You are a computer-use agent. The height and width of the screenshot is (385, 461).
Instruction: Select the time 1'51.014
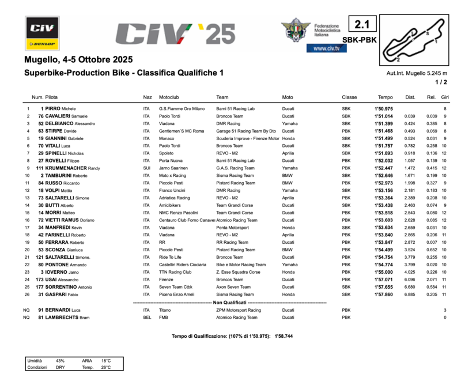[x=383, y=116]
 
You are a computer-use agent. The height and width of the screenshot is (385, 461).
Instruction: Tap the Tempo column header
[x=385, y=97]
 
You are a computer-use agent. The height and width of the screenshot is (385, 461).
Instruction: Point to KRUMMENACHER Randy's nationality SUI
[x=147, y=168]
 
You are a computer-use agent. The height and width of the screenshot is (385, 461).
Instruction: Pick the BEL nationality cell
[x=147, y=317]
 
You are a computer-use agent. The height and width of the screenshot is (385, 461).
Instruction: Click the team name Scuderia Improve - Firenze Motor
[x=248, y=138]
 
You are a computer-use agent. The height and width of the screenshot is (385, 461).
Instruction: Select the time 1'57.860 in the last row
[x=383, y=295]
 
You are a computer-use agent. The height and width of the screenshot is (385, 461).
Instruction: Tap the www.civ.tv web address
[x=326, y=48]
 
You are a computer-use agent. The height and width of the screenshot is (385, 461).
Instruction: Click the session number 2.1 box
[x=364, y=25]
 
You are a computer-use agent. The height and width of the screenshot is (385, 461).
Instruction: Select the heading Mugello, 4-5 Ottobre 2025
[x=78, y=60]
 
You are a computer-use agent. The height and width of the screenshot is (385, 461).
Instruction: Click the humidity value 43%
[x=60, y=360]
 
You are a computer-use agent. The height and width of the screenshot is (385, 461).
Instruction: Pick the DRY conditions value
[x=60, y=367]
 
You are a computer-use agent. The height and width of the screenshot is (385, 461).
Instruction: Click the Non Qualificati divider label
[x=230, y=302]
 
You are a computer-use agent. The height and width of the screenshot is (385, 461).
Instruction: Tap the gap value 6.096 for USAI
[x=410, y=280]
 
